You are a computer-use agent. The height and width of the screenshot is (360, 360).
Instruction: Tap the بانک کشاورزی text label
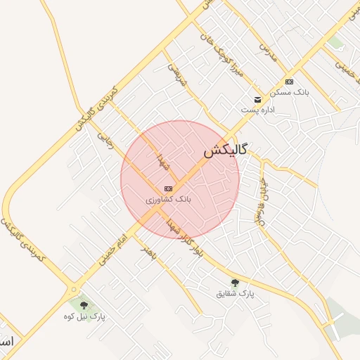(169, 200)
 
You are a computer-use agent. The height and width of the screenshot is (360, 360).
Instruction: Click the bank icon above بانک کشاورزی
(168, 188)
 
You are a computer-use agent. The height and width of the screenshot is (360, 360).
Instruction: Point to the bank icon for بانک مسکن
(289, 82)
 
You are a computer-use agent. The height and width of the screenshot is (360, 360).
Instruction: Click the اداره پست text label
(257, 110)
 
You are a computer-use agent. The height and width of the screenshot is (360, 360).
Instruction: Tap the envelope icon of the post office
(258, 99)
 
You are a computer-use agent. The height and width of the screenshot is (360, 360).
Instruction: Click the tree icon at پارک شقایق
(235, 283)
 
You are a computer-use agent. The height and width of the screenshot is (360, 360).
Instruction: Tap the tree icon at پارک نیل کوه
(84, 306)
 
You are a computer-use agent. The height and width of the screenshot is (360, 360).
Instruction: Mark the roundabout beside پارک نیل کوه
(74, 288)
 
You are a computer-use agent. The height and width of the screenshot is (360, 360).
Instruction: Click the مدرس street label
(265, 48)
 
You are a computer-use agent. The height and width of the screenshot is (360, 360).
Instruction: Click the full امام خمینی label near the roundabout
(112, 252)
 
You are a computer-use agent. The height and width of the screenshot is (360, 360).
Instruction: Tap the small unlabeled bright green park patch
(336, 42)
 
